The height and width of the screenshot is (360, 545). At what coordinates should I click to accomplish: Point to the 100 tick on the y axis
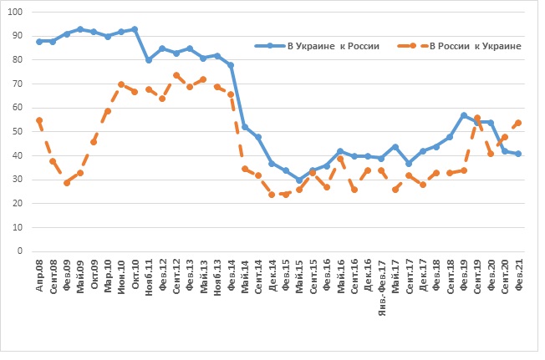coord(18,13)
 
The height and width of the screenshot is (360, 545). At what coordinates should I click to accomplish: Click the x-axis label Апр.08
coord(39,275)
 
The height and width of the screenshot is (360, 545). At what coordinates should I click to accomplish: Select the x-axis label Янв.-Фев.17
coord(381,284)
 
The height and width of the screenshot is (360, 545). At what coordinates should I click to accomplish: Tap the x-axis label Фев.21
coord(518,275)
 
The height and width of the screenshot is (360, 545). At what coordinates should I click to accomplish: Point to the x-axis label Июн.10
coord(121,275)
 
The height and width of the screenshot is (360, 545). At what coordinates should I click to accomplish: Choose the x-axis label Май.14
coord(244,275)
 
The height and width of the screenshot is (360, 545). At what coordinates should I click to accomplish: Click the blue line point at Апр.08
coord(39,41)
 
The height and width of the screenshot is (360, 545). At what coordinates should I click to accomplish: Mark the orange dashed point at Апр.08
coord(39,120)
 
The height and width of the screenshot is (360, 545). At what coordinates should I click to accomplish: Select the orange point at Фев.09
coord(67,182)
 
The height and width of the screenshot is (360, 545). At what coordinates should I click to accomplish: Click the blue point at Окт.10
coord(135,29)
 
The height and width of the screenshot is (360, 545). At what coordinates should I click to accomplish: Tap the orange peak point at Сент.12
coord(176,75)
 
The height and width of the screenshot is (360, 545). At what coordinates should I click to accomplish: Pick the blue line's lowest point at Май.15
coord(299,180)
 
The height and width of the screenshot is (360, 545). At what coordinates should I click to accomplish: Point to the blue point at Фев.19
coord(463,115)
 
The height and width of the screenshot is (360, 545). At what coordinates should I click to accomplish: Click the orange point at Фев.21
coord(518,123)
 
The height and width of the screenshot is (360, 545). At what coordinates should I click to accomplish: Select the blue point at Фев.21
coord(518,154)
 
